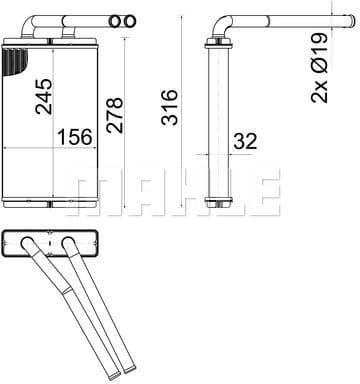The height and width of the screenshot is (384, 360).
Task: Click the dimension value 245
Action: click(44, 97)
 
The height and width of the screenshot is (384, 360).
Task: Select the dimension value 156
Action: click(75, 137)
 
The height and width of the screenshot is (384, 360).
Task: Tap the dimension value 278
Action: click(115, 115)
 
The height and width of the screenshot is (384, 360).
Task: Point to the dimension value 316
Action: click(169, 107)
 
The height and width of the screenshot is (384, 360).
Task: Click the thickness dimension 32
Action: click(245, 141)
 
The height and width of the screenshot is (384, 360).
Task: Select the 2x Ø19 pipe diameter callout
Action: click(319, 68)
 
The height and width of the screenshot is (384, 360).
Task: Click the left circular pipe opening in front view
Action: click(115, 22)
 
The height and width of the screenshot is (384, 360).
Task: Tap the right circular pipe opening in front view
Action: click(130, 22)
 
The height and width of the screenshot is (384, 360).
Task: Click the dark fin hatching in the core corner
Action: click(14, 61)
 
